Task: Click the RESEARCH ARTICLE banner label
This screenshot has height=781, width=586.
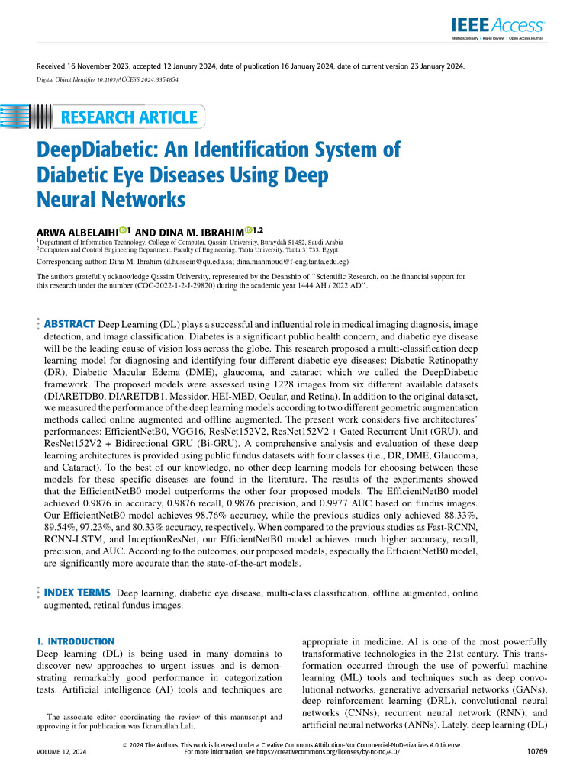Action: (128, 117)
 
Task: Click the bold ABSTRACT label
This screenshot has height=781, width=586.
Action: (70, 324)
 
